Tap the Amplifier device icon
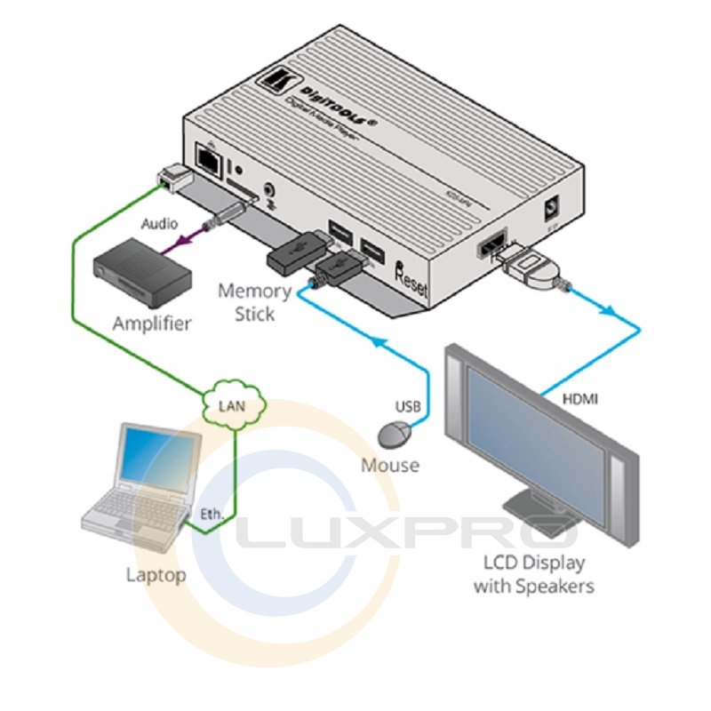142,270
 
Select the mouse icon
395,435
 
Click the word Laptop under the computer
156,575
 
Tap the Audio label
160,223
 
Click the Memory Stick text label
254,302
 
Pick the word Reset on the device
416,281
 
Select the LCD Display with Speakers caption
533,574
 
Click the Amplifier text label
152,324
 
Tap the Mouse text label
389,464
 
